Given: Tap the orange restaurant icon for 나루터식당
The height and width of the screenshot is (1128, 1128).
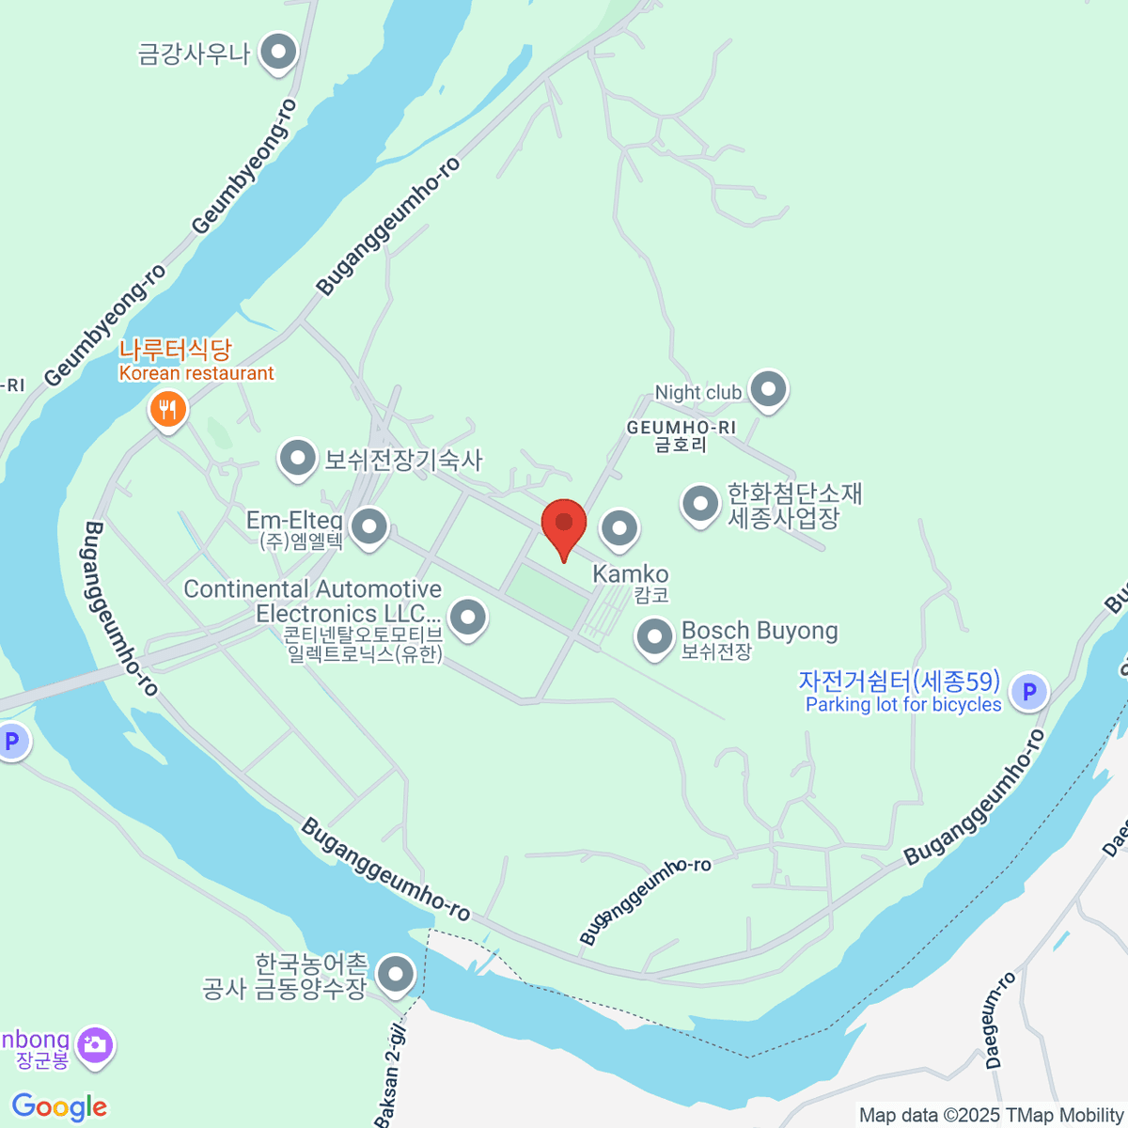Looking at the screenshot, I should (x=168, y=410).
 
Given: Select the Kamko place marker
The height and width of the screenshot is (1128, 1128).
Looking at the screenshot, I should (x=619, y=529).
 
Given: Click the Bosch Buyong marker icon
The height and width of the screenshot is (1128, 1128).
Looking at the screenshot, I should (x=654, y=637).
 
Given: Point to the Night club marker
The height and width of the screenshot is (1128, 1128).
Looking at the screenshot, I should (x=769, y=389).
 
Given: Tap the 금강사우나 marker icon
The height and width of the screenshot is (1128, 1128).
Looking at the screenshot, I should (x=278, y=53).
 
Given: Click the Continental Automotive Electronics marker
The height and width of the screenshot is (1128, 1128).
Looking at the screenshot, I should (x=467, y=619).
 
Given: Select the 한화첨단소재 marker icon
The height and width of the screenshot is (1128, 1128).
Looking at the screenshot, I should (x=700, y=504).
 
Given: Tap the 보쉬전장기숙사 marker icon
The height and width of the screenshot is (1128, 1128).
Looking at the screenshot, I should (x=298, y=460).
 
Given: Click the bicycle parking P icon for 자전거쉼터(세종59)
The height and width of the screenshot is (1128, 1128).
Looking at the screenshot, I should (x=1029, y=693).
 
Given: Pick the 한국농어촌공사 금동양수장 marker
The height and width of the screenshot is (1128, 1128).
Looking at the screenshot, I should (x=396, y=974).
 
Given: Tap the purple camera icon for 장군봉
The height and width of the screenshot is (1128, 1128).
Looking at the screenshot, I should (x=95, y=1044).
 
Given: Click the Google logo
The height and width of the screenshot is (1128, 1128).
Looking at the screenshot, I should (x=59, y=1107).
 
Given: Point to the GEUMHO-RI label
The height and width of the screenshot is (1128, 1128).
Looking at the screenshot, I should (x=681, y=428).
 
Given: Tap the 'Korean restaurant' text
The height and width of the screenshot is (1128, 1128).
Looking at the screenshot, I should (x=196, y=373).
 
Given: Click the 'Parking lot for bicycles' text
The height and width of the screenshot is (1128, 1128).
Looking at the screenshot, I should (x=903, y=704).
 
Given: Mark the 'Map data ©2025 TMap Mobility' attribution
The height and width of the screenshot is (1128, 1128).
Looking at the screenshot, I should (x=992, y=1115).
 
